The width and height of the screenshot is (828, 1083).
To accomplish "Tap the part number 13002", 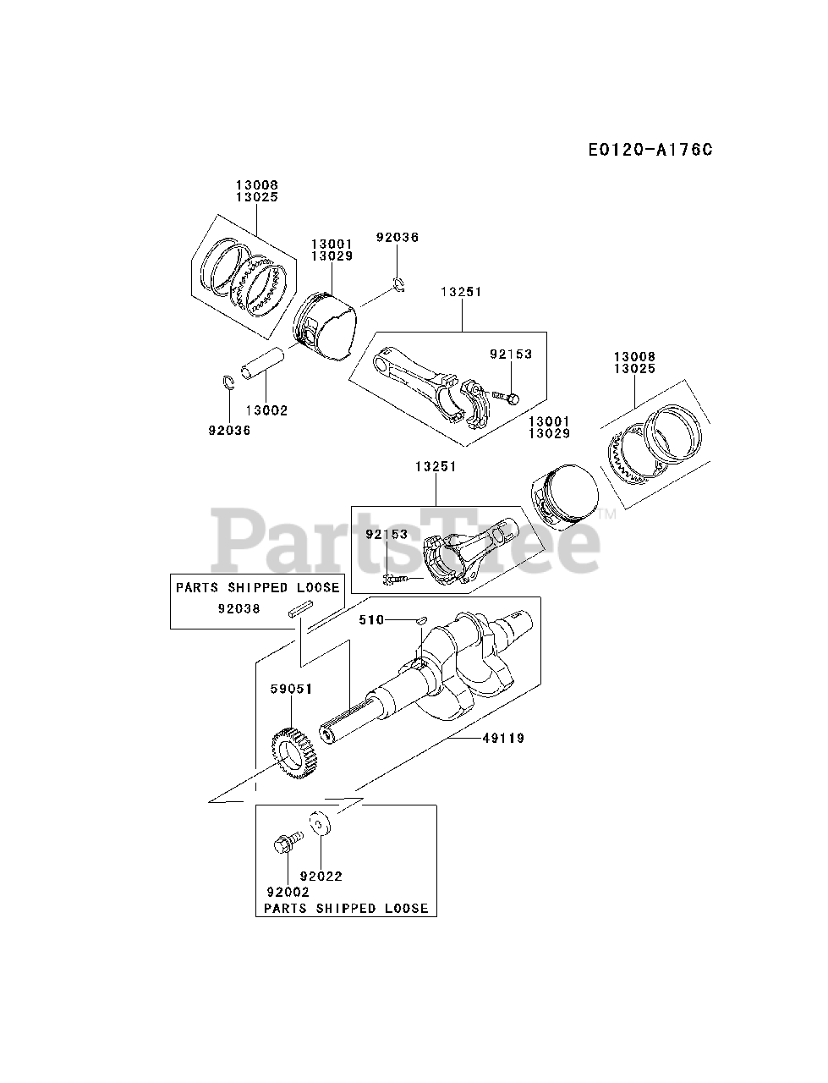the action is tap(266, 410).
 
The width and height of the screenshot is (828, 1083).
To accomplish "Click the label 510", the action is tap(370, 620).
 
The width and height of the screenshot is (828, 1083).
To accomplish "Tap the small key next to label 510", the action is tap(420, 621).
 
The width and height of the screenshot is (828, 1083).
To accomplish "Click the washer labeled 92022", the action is tap(321, 823).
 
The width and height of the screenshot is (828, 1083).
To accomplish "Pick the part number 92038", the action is tap(239, 607).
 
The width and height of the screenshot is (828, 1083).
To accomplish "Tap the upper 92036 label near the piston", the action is tap(397, 238).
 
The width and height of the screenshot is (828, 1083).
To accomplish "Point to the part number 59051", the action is tap(291, 690).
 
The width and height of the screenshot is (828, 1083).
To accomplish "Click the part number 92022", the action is tap(321, 877).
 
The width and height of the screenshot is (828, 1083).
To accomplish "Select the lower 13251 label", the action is tap(436, 466).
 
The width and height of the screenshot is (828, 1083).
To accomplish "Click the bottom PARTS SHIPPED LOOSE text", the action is tap(347, 909).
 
